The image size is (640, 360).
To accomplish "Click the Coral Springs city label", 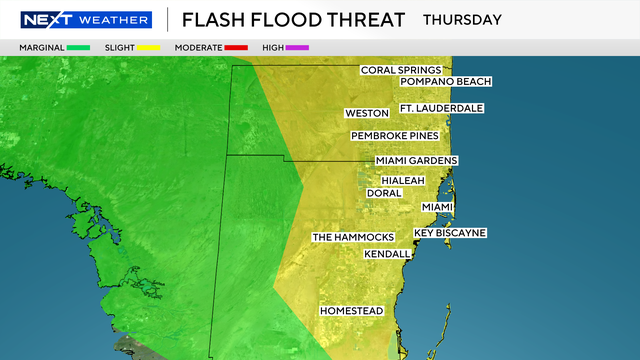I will pyautogui.click(x=401, y=70).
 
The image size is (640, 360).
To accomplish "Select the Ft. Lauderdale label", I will pyautogui.click(x=442, y=108).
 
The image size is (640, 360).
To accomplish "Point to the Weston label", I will pyautogui.click(x=366, y=113).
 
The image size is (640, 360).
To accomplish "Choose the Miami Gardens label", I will pyautogui.click(x=417, y=160).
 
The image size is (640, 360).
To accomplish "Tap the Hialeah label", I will pyautogui.click(x=403, y=180).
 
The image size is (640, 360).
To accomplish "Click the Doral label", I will pyautogui.click(x=384, y=193).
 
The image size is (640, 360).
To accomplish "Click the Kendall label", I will pyautogui.click(x=387, y=254).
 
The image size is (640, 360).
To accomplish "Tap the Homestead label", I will pyautogui.click(x=351, y=311).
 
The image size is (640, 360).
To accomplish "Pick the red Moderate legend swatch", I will pyautogui.click(x=235, y=47).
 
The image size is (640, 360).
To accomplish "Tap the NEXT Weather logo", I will pyautogui.click(x=85, y=19).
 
